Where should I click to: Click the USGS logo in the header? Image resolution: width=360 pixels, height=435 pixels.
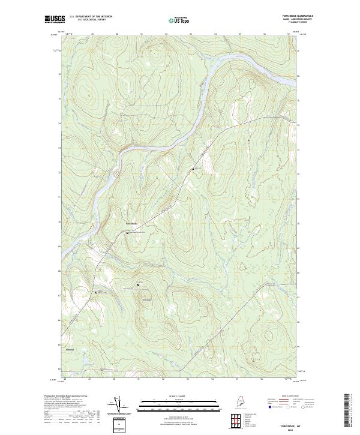53,20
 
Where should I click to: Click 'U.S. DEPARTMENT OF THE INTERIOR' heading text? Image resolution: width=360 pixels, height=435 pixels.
91,17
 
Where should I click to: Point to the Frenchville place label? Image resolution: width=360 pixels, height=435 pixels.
131,224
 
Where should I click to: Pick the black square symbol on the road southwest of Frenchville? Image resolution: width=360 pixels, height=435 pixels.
96,292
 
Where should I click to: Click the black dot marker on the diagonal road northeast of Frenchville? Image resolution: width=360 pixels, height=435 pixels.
193,169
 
